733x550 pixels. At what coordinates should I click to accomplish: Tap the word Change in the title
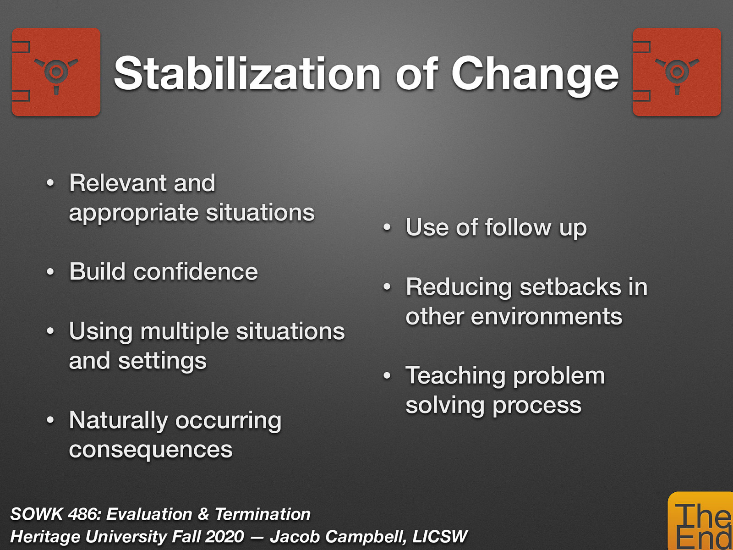coord(535,74)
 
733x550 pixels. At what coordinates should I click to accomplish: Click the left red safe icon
coord(56,72)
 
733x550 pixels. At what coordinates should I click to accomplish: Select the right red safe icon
coord(677,72)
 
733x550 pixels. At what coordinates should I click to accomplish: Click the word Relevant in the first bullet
coord(117,183)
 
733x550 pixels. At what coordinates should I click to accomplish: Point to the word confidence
coord(196,272)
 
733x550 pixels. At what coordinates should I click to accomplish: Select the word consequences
coord(151,450)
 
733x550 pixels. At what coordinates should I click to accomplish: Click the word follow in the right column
coord(518,228)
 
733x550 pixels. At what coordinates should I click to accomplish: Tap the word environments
coord(546,317)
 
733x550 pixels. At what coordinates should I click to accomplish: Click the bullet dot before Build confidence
coord(50,272)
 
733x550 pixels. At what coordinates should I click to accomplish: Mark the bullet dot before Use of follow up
coord(387,228)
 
